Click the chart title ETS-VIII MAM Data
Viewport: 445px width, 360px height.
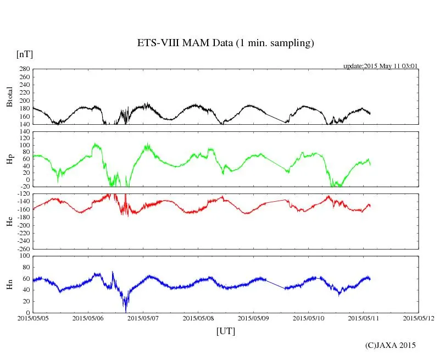(225, 43)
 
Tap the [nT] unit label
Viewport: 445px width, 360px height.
(25, 54)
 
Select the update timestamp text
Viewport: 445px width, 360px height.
(381, 66)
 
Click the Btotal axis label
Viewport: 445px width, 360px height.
(9, 97)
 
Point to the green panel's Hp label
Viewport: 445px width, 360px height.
(9, 159)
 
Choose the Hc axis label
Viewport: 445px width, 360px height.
(9, 221)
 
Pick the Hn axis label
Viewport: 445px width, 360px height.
(9, 284)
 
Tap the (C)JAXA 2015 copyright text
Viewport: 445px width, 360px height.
(391, 345)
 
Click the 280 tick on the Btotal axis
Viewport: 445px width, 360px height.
(23, 69)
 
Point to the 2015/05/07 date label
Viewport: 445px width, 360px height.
(143, 318)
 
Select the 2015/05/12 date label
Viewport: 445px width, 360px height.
(419, 318)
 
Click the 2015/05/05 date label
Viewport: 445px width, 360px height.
(34, 318)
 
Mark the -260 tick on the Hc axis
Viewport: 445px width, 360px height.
(21, 248)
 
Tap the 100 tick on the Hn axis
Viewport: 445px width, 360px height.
(24, 256)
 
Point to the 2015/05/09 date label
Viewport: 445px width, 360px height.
(254, 318)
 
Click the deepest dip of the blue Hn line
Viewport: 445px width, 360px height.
(126, 311)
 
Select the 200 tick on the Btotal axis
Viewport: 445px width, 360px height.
(23, 101)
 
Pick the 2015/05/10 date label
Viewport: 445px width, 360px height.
(309, 318)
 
